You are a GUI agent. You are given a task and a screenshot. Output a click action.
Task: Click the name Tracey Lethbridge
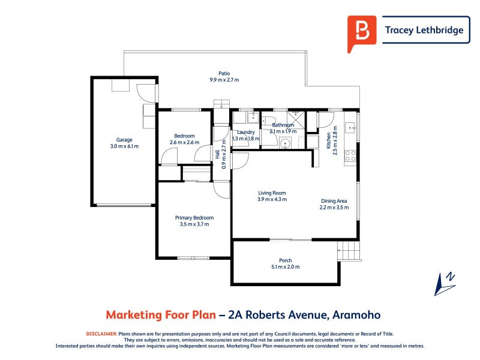pyautogui.click(x=424, y=30)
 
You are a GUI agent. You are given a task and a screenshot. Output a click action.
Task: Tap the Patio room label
pyautogui.click(x=224, y=73)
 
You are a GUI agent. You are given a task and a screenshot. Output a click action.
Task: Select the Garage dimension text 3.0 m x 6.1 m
pyautogui.click(x=124, y=146)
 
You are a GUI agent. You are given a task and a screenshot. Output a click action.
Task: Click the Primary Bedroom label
pyautogui.click(x=194, y=218)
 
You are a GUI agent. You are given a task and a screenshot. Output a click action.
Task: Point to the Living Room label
pyautogui.click(x=272, y=193)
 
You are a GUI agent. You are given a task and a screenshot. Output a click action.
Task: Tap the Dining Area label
pyautogui.click(x=334, y=201)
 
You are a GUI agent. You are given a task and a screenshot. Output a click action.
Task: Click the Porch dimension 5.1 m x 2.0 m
pyautogui.click(x=286, y=267)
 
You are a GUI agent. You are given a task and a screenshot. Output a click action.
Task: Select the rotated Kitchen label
pyautogui.click(x=328, y=140)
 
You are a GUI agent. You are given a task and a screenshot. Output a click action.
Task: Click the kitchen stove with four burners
pyautogui.click(x=350, y=156)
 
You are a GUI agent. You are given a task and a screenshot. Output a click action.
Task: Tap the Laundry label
pyautogui.click(x=246, y=132)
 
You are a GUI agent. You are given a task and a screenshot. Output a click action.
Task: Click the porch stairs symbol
pyautogui.click(x=349, y=250)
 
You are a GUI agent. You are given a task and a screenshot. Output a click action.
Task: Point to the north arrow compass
pyautogui.click(x=445, y=284)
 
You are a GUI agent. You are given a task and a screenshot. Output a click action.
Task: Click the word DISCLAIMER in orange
pyautogui.click(x=101, y=334)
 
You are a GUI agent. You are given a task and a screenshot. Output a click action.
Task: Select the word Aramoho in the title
pyautogui.click(x=356, y=314)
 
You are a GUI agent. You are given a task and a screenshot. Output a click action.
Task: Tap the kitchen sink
pyautogui.click(x=350, y=127)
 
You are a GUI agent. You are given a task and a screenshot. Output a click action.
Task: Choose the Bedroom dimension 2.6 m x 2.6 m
pyautogui.click(x=184, y=142)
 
